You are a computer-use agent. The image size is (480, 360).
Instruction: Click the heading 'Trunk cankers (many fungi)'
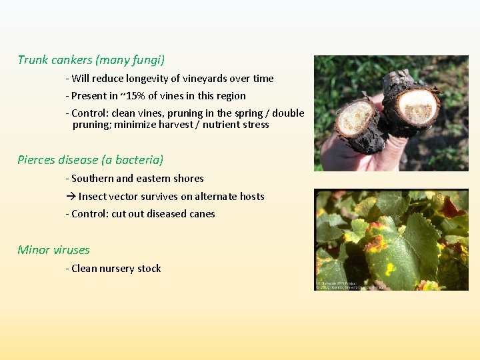91,60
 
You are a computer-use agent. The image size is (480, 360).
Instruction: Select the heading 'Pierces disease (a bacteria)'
90,160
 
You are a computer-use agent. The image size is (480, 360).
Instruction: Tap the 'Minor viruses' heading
53,250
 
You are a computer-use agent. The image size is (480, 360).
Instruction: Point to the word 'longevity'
161,79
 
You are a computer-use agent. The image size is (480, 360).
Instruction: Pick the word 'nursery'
117,269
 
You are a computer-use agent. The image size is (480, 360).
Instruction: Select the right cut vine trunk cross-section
417,105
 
